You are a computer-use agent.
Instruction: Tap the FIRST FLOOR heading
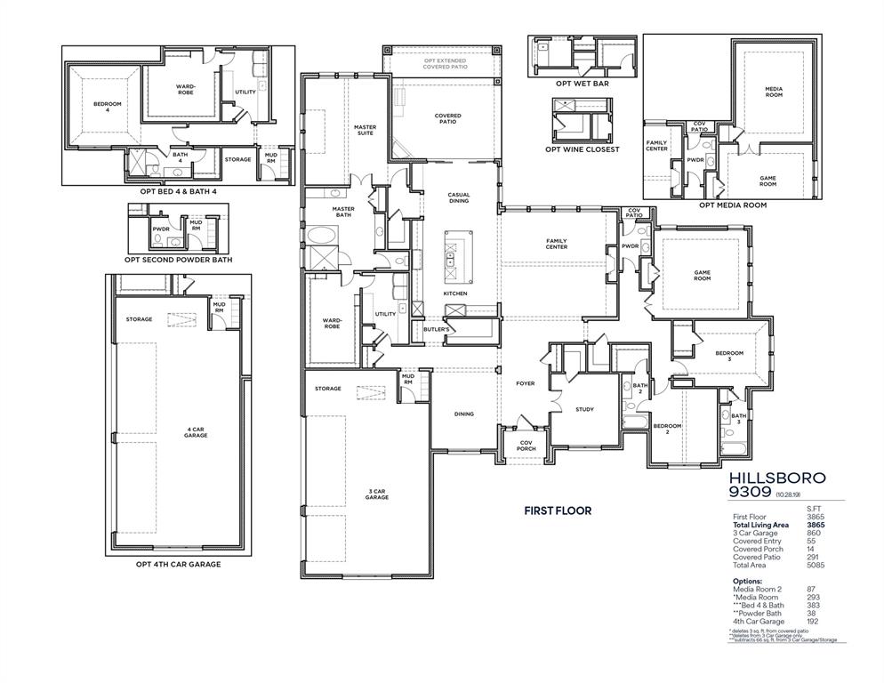(557, 511)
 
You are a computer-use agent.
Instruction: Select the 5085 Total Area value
(815, 565)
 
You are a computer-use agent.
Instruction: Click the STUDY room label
(584, 409)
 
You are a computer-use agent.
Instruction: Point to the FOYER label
(526, 384)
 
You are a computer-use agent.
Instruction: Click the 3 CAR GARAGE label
(376, 494)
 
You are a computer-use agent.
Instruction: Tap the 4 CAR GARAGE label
(196, 433)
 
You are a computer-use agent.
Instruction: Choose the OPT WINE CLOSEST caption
(583, 149)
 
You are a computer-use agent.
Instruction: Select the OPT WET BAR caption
(583, 84)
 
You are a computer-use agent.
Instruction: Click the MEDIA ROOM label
(774, 92)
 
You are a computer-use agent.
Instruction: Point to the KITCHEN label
(455, 293)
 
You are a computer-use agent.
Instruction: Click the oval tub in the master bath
(322, 237)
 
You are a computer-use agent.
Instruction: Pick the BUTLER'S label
(436, 329)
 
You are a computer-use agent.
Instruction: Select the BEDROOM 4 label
(107, 107)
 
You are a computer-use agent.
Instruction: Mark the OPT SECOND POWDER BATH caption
(177, 260)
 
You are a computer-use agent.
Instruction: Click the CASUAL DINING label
(459, 197)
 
